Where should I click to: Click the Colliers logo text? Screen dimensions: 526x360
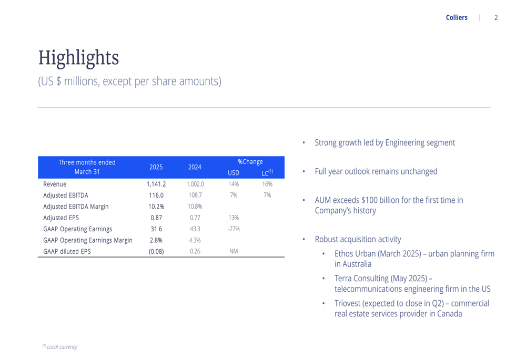coord(456,17)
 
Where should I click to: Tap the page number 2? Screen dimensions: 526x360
coord(496,17)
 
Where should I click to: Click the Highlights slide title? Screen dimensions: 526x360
coord(78,58)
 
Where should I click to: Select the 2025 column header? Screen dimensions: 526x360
coord(156,167)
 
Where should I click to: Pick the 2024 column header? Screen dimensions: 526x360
coord(195,167)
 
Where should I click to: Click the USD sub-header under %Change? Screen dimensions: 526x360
coord(234,173)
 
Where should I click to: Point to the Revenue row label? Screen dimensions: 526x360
coord(55,184)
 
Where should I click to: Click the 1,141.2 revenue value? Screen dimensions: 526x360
coord(156,184)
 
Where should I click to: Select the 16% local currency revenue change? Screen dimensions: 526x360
coord(267,184)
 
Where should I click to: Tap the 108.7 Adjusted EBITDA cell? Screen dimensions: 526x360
coord(195,195)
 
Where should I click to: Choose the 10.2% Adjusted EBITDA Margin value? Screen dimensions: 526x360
coord(156,207)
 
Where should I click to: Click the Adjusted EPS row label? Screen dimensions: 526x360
coord(61,218)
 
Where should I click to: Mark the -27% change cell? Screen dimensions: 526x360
coord(234,229)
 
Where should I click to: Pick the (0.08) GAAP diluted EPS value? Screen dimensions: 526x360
coord(156,251)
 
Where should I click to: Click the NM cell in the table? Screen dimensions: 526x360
coord(234,251)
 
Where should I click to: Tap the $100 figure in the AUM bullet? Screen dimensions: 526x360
coord(369,200)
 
